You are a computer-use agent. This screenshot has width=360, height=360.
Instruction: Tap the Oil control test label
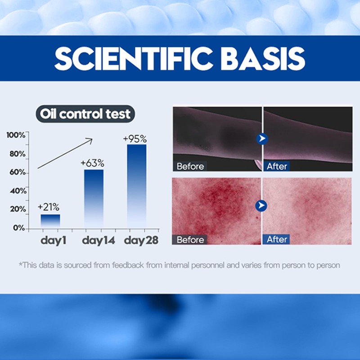[x=85, y=113]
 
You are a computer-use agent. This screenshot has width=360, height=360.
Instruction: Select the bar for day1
[x=50, y=220]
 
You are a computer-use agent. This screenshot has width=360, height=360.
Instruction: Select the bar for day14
[x=94, y=198]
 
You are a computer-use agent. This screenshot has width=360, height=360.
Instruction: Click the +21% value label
[x=49, y=207]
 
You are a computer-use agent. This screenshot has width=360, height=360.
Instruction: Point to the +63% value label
[x=92, y=162]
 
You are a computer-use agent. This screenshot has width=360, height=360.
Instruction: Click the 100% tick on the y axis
[x=16, y=135]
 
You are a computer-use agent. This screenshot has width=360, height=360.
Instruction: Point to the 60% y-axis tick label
[x=17, y=172]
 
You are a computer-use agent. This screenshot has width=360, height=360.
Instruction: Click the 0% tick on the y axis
[x=19, y=228]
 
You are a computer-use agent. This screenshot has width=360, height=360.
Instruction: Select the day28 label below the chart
[x=141, y=240]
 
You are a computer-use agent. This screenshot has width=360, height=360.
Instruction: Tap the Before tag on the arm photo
[x=190, y=166]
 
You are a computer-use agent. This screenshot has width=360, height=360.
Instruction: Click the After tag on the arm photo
[x=277, y=166]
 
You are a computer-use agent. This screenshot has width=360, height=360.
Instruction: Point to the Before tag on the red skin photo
[x=190, y=239]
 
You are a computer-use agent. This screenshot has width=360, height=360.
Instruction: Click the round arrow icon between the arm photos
[x=262, y=138]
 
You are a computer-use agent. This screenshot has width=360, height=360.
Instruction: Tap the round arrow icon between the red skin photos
[x=261, y=206]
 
